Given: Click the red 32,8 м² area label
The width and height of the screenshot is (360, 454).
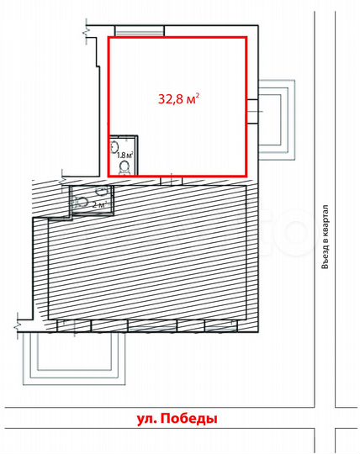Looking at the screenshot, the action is coord(178,98).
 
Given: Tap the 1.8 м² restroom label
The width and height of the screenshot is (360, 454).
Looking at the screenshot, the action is coord(124,155).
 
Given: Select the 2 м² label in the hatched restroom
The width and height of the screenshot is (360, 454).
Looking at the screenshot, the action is coord(99,204).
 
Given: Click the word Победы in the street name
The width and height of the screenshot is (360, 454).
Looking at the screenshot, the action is coord(188,419).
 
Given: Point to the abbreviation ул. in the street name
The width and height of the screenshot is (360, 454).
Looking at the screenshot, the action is coord(146,420).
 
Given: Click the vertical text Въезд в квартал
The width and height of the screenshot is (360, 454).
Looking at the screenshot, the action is coord(326,237).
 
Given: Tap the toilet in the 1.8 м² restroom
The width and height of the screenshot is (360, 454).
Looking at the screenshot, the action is coord(125,168).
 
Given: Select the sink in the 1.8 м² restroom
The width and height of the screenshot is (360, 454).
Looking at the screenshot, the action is coord(114,146).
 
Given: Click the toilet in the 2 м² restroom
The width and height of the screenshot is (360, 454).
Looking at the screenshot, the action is coord(81,202).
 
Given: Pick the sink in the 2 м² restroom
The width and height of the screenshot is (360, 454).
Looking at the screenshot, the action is coord(102,190).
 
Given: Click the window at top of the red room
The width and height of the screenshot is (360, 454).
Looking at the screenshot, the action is coord(140,31).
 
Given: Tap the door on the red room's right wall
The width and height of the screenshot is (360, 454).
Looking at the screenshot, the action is coord(252,112).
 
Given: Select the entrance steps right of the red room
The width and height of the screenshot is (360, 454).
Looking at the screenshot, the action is coord(277,119).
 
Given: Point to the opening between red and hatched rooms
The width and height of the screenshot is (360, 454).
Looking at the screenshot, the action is coord(172,181).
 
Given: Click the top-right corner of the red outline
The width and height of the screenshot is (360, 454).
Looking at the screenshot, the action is coord(246,37).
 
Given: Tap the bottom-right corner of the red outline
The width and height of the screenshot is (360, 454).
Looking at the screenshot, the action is coord(246,176).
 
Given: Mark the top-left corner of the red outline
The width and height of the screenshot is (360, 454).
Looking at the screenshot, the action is coord(109,37).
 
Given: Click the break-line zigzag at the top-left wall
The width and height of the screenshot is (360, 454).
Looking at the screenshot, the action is coord(87,32).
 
